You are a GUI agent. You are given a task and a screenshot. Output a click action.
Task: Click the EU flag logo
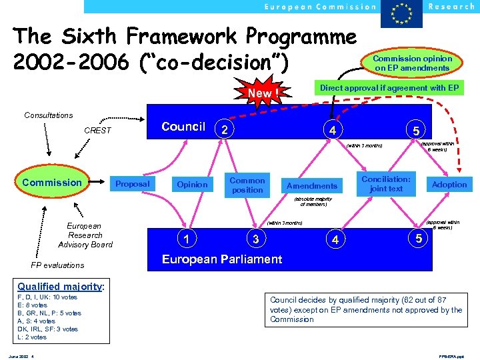tap(401, 14)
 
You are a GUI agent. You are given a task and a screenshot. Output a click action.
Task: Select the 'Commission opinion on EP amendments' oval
tap(412, 63)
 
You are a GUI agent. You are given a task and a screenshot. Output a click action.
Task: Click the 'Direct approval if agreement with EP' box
tap(389, 87)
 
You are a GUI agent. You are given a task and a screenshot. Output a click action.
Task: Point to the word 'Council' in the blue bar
tap(183, 127)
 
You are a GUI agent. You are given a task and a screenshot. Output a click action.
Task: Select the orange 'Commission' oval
tap(51, 183)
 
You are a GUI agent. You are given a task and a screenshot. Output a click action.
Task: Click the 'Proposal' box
tap(133, 184)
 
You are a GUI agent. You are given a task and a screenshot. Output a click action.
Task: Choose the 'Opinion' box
tap(192, 184)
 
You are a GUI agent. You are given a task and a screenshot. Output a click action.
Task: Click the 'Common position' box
tap(247, 185)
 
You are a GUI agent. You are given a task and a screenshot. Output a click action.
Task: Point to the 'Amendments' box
tap(312, 185)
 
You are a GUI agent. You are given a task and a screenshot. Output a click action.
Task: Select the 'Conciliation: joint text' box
tap(386, 183)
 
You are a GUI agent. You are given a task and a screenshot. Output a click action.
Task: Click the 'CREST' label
tap(97, 130)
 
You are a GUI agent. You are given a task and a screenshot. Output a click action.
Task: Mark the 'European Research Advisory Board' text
tap(85, 235)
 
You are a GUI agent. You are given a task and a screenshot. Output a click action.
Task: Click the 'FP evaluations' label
tap(58, 265)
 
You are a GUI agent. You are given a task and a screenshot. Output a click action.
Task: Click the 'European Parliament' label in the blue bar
tap(222, 259)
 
